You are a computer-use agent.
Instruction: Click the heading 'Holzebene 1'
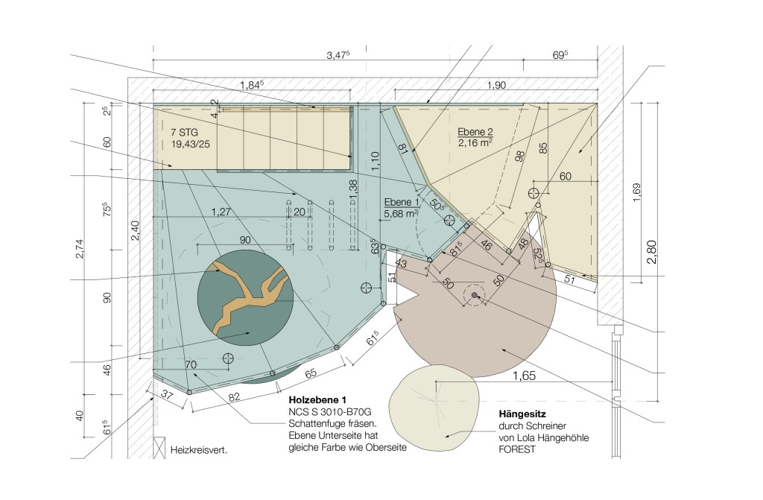point(317,399)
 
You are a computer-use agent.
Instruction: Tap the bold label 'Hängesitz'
point(522,414)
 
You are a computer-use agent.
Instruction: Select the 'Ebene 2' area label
point(475,131)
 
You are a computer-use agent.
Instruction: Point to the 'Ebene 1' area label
point(402,202)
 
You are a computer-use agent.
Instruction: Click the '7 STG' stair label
point(185,133)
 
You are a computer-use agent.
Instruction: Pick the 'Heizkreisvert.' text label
point(198,450)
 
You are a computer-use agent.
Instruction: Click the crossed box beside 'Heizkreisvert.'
point(159,448)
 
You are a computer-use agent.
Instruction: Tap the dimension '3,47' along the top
point(338,55)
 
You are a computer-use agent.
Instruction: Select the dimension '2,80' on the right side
point(651,252)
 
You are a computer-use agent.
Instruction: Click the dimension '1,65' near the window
point(524,376)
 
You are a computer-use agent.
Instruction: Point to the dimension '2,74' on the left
point(80,249)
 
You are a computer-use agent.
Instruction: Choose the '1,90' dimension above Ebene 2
point(496,85)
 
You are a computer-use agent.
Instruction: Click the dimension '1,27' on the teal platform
point(221,212)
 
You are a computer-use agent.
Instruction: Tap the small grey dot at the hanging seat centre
point(475,295)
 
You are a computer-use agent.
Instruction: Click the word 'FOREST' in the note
point(517,449)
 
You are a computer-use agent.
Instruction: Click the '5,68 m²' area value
point(401,214)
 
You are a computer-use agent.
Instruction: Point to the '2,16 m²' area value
point(475,142)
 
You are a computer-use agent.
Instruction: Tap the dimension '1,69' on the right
point(637,193)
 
